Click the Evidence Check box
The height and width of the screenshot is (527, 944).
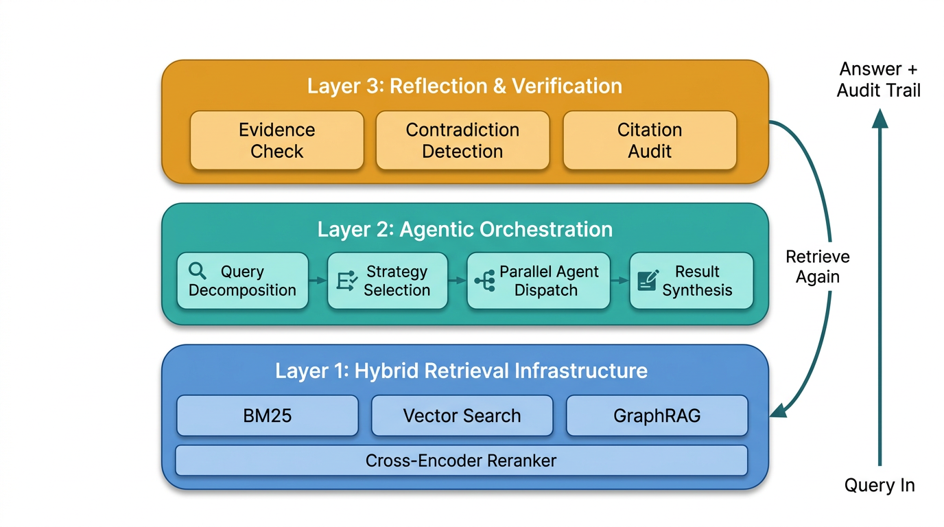(x=276, y=141)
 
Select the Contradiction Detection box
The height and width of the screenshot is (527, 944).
(x=462, y=141)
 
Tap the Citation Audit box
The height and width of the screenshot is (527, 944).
(x=649, y=141)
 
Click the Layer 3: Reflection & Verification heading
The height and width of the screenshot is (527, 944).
(x=464, y=86)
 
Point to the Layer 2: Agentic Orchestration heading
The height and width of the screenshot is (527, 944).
(x=464, y=229)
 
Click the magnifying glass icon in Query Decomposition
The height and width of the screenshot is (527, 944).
(x=198, y=271)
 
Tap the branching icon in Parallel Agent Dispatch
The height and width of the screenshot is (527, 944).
(x=484, y=281)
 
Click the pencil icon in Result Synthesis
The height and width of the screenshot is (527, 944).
(x=647, y=281)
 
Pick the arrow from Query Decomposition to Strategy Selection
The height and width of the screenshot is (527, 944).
(x=318, y=281)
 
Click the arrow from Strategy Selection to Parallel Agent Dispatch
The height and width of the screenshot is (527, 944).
(x=457, y=281)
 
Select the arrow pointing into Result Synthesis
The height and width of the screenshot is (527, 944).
(x=619, y=281)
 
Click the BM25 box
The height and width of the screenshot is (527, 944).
(x=267, y=416)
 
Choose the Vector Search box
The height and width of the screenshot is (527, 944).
(x=462, y=416)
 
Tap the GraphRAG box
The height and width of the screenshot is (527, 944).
(x=657, y=416)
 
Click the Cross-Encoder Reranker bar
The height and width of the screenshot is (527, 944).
(x=461, y=460)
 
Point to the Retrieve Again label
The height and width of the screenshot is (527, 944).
(x=818, y=267)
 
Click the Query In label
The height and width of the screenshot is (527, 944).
(x=880, y=486)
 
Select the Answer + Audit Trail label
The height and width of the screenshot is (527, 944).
(x=879, y=80)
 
